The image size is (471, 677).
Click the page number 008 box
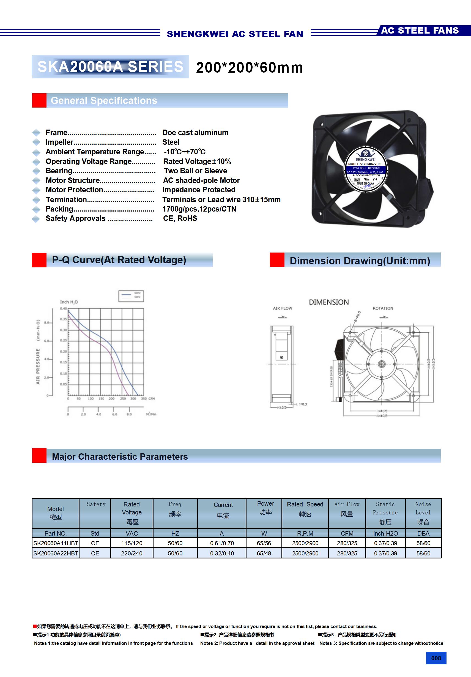[x=436, y=658]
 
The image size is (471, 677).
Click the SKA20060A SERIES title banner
[x=110, y=67]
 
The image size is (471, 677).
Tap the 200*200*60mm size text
[x=249, y=67]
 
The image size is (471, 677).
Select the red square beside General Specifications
[x=39, y=101]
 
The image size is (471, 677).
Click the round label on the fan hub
[x=366, y=171]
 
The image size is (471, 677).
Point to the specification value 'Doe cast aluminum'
[x=195, y=133]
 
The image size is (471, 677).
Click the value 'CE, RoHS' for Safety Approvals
[x=180, y=218]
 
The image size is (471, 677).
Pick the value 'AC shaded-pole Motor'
[x=201, y=180]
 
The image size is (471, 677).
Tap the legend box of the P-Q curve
[x=131, y=296]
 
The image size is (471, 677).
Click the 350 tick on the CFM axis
[x=144, y=399]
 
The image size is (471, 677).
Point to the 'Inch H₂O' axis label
[x=69, y=302]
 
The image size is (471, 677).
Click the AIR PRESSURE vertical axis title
[x=38, y=366]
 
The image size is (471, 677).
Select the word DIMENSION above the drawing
[x=328, y=302]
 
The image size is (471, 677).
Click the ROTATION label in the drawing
[x=383, y=308]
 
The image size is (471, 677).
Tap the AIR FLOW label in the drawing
[x=282, y=308]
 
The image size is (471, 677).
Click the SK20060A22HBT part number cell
[x=56, y=553]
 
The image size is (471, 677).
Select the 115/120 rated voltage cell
[x=132, y=543]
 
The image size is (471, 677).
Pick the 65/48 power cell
[x=264, y=553]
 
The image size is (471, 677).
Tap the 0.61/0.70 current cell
[x=222, y=543]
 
